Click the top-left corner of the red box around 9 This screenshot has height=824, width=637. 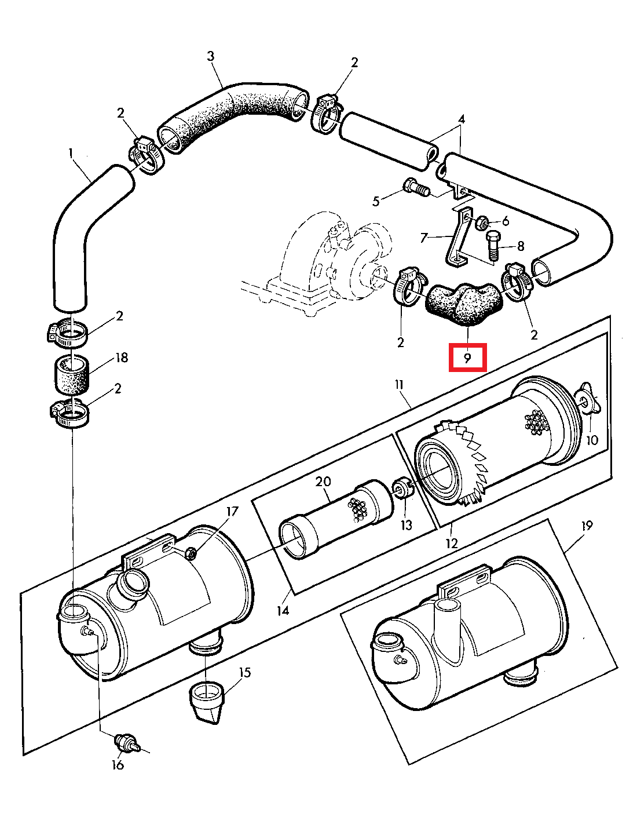450,344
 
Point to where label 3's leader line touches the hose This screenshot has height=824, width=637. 223,88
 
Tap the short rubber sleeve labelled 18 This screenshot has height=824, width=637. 72,374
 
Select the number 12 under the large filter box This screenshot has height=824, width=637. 451,544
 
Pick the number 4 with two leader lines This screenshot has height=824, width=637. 461,119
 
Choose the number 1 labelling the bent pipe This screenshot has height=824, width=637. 71,153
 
